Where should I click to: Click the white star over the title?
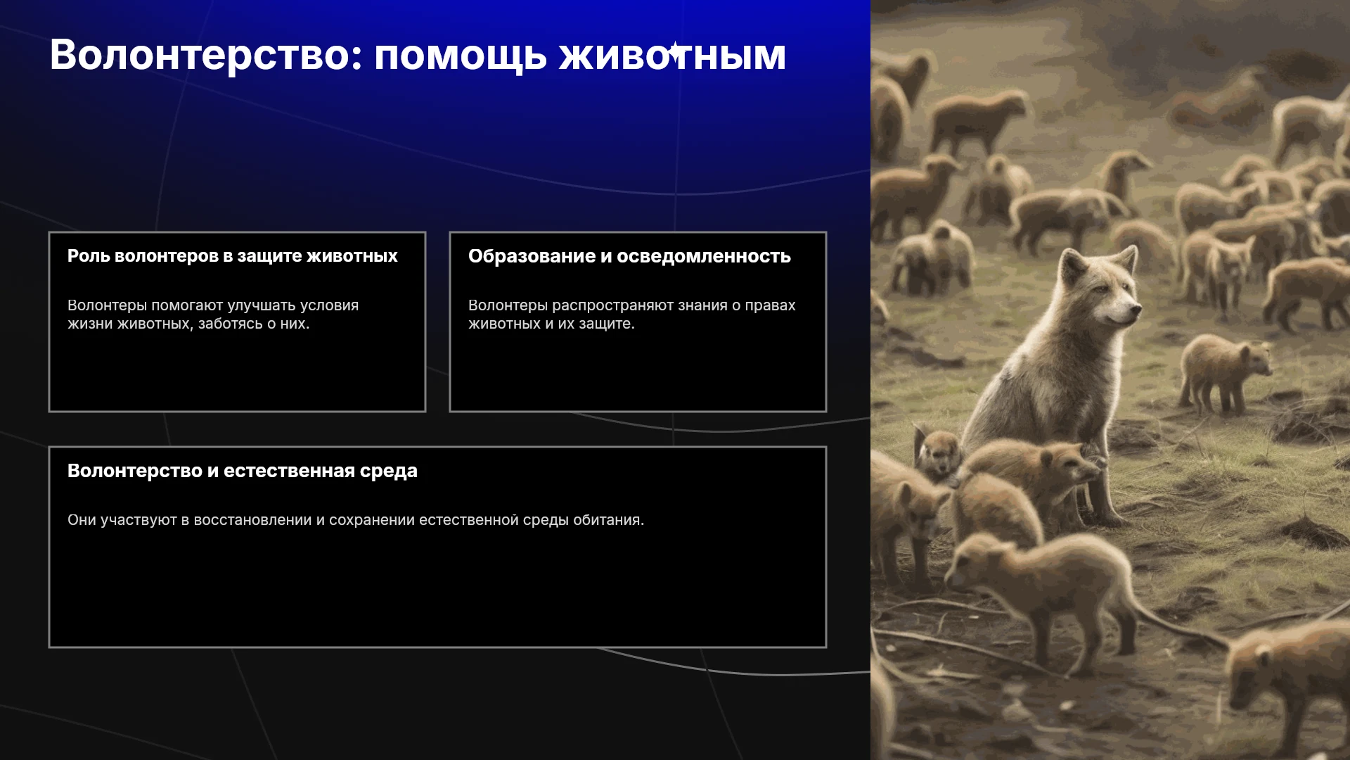pyautogui.click(x=675, y=51)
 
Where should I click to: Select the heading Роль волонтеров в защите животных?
pyautogui.click(x=233, y=256)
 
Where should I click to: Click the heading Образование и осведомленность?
pyautogui.click(x=629, y=256)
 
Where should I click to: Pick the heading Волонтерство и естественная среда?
pyautogui.click(x=243, y=471)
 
